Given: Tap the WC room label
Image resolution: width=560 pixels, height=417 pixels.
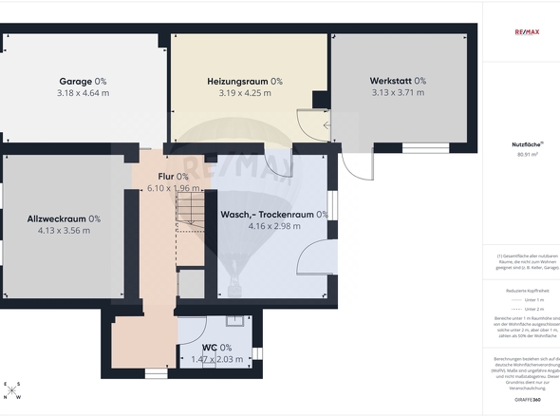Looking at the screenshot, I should tap(210, 348).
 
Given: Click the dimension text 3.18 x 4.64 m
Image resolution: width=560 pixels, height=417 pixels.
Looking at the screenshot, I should tap(83, 93).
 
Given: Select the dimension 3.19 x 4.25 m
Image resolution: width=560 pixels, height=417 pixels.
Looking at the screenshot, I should tap(245, 93).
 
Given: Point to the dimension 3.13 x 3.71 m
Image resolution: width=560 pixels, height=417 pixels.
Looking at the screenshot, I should tap(398, 93).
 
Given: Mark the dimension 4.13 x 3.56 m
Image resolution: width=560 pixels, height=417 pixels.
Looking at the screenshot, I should tap(64, 230).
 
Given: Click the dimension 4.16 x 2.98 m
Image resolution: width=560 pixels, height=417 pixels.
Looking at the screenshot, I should tap(273, 226).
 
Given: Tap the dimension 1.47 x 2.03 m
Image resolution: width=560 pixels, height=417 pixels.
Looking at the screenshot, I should tap(216, 359).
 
